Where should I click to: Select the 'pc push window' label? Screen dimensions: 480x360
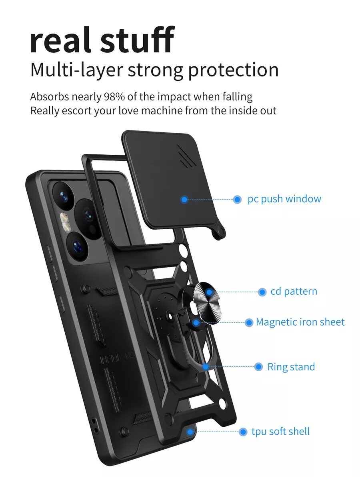(x=284, y=199)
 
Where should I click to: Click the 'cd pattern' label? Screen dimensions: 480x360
(x=294, y=292)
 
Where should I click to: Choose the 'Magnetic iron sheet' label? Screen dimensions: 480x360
(x=300, y=322)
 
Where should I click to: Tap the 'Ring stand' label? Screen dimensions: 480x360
(x=291, y=367)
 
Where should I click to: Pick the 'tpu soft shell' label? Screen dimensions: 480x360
(x=280, y=432)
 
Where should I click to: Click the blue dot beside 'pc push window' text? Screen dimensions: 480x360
(x=237, y=199)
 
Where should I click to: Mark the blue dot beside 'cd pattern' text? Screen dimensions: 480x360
(x=262, y=292)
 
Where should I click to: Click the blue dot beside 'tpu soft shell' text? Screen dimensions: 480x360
(x=243, y=432)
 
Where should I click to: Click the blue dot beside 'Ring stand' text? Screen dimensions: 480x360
(x=259, y=367)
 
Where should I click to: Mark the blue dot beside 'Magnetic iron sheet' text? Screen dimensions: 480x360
(x=249, y=322)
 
